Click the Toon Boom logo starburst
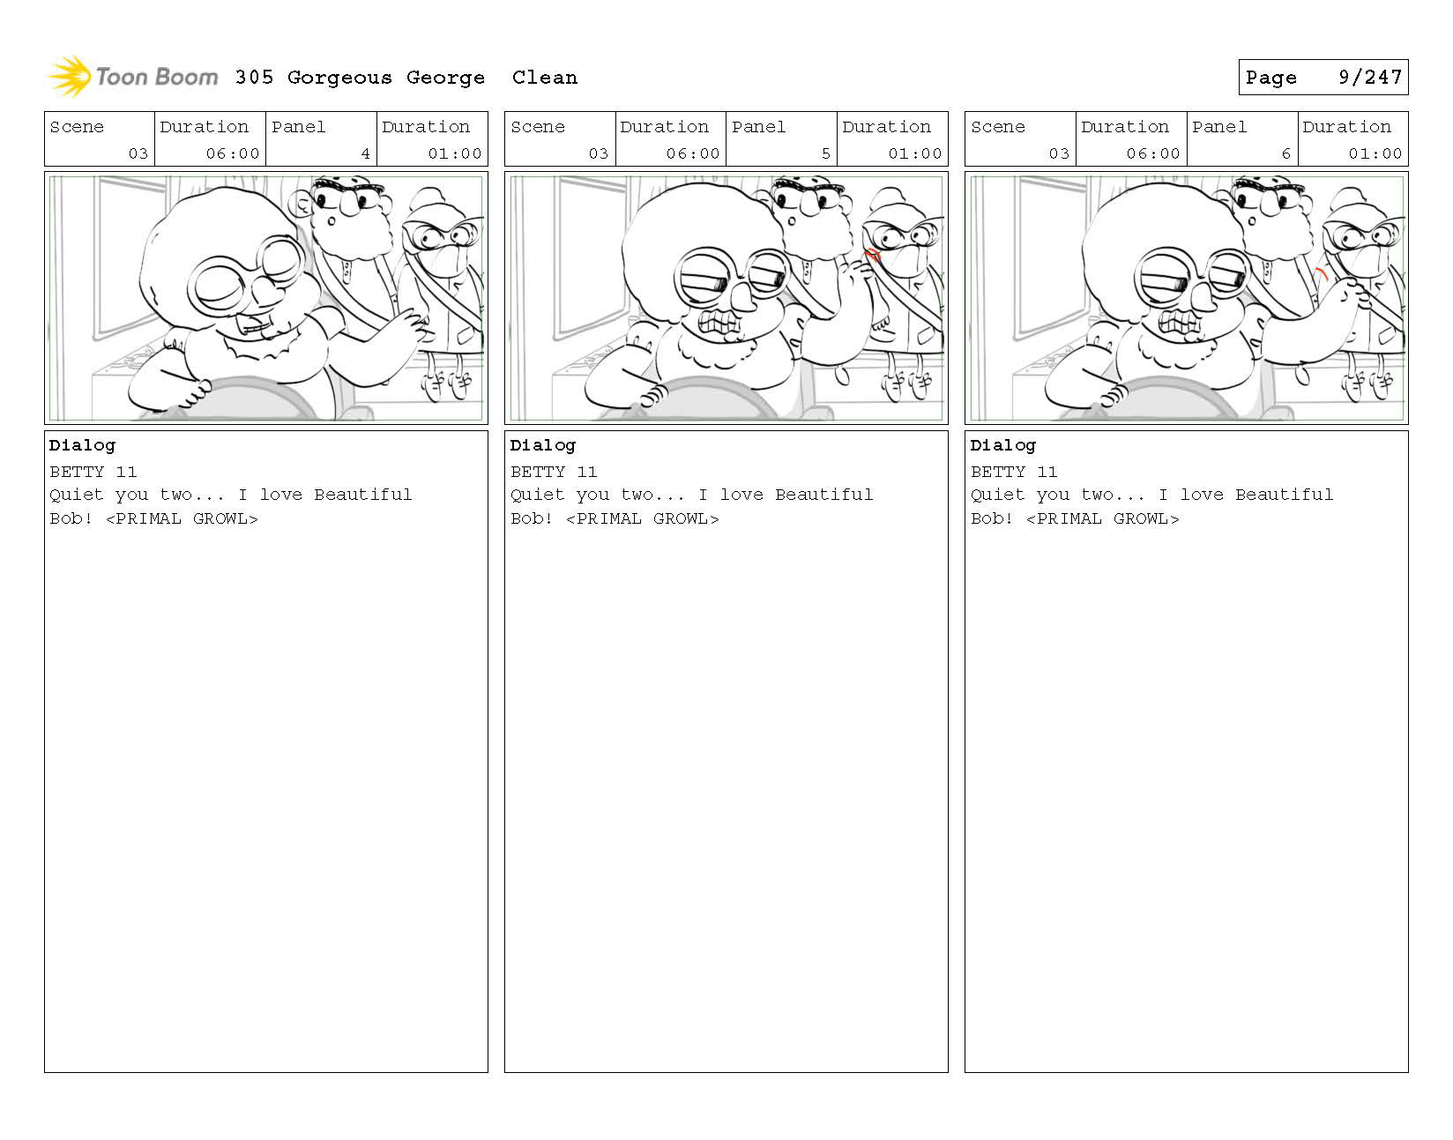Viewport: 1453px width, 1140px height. point(70,76)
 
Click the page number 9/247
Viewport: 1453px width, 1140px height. point(1370,78)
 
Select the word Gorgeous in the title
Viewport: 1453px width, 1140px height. point(339,78)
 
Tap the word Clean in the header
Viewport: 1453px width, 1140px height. point(545,78)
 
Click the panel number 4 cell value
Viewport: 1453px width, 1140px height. point(366,153)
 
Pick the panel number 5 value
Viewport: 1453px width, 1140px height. point(826,153)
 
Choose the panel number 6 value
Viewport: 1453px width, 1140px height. point(1285,153)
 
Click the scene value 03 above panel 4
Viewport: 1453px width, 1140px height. point(138,153)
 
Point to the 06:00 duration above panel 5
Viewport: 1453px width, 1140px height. point(693,153)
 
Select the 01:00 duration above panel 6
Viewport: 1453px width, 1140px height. point(1375,153)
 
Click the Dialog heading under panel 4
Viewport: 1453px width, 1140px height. point(82,446)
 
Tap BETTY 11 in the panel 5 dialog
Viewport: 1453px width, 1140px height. point(554,472)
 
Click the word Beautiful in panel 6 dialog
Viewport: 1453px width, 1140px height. point(1284,495)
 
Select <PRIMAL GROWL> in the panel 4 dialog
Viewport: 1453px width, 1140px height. point(182,518)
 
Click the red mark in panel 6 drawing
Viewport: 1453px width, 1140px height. point(1322,274)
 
